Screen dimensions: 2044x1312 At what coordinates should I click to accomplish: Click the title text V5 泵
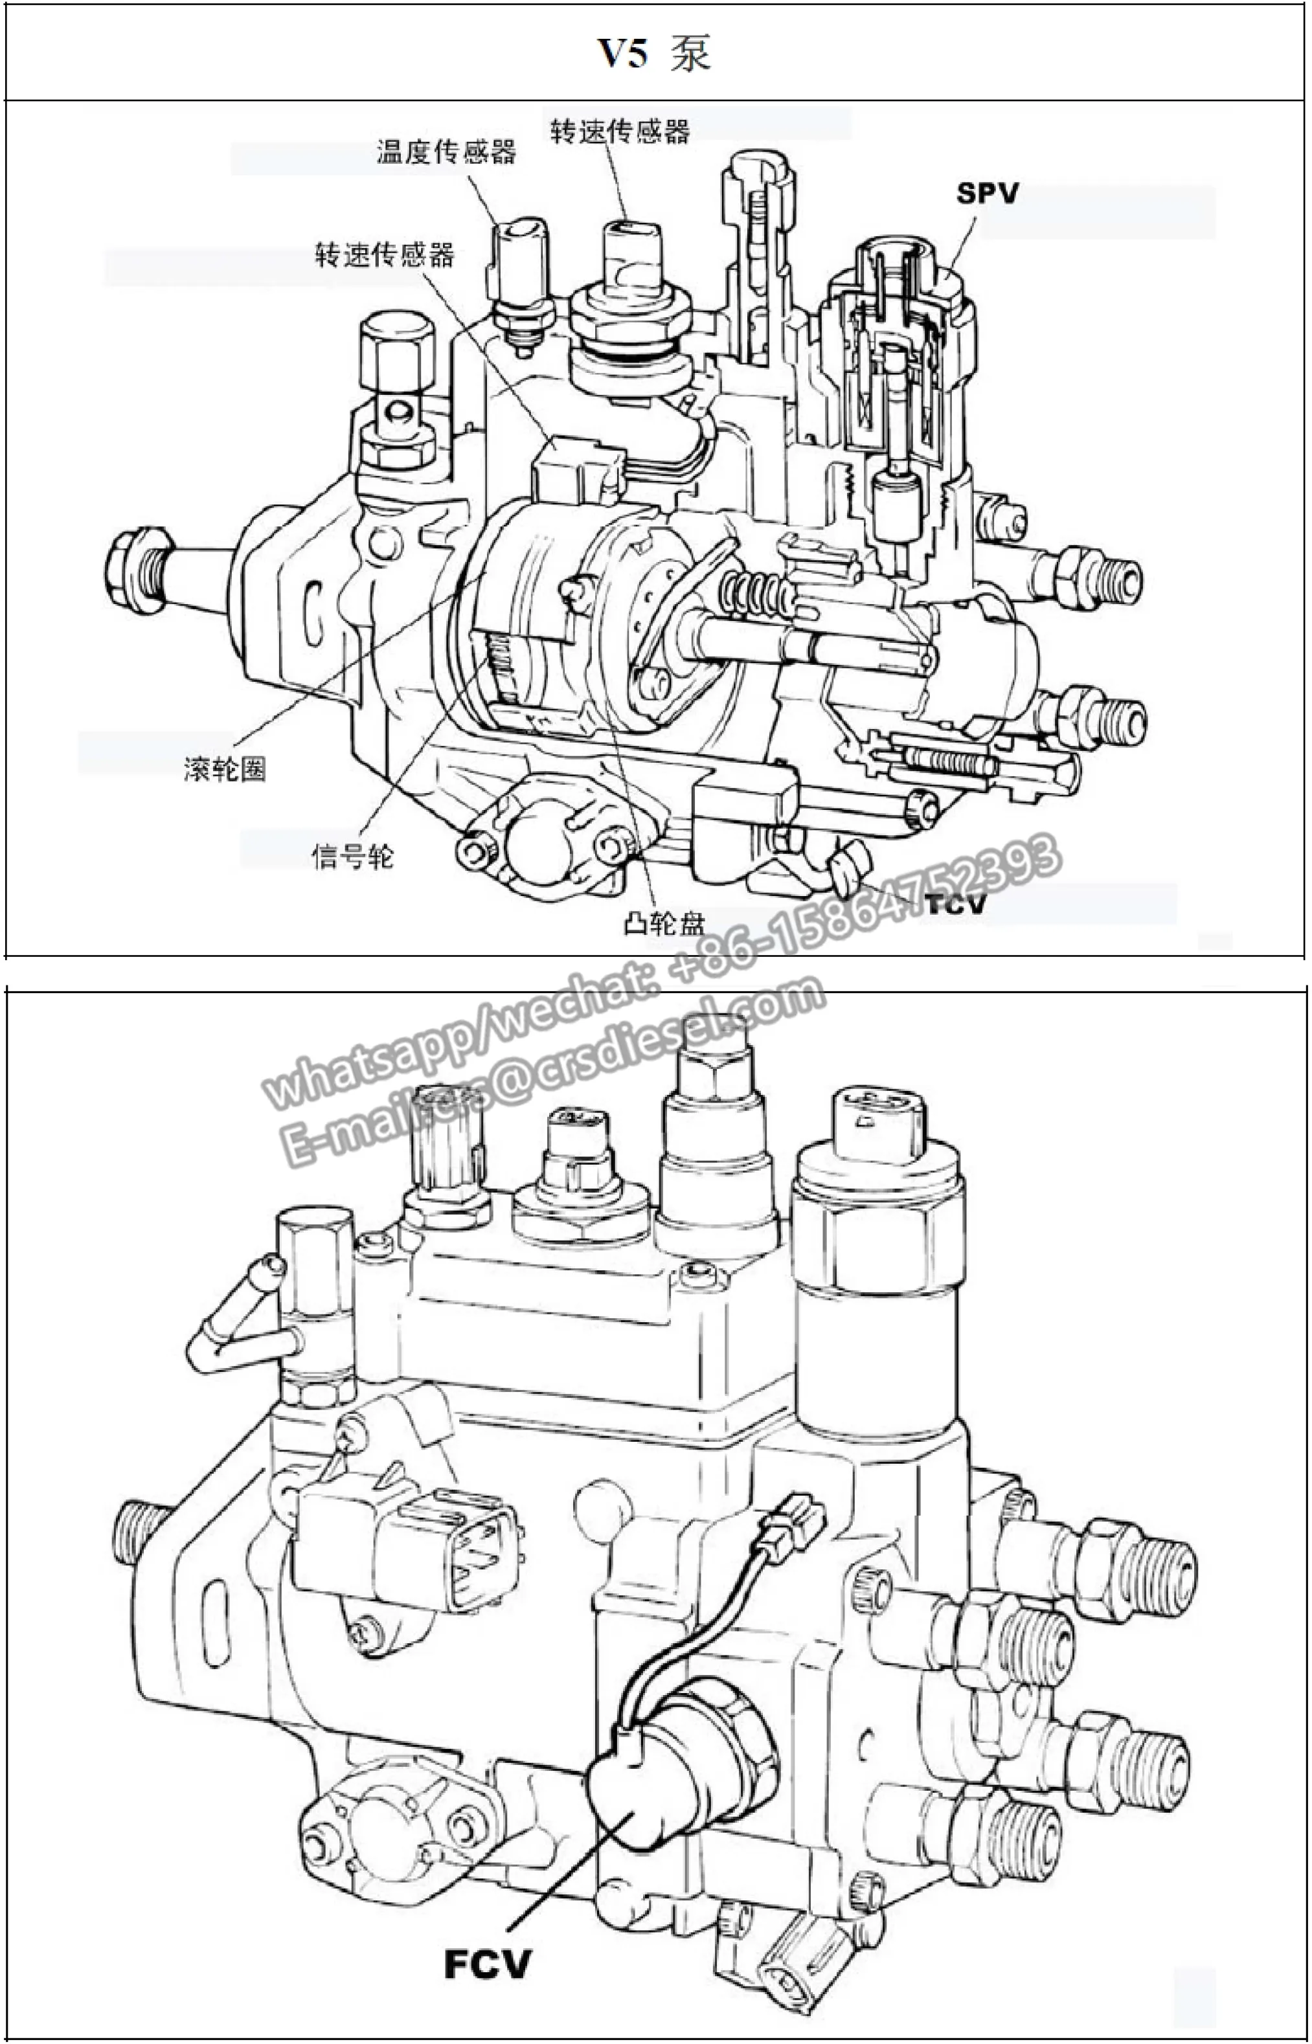click(653, 53)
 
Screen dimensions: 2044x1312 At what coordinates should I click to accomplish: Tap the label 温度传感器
click(446, 152)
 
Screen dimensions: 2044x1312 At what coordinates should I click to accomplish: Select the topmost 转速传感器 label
click(619, 131)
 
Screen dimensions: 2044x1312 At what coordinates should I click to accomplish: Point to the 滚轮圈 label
click(225, 769)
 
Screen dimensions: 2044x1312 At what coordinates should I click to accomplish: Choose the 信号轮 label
click(353, 855)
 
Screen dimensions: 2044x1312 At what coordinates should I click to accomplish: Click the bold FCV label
click(488, 1963)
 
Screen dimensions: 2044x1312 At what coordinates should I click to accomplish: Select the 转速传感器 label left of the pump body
click(384, 254)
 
